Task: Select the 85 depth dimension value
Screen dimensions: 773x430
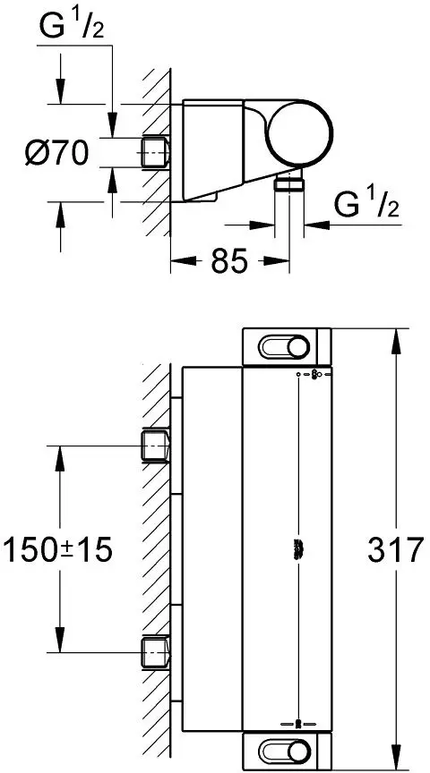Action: point(229,261)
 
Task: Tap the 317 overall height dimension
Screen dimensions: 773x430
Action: point(394,549)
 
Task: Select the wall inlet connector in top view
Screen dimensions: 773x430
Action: point(156,153)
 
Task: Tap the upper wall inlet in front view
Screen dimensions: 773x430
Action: point(156,445)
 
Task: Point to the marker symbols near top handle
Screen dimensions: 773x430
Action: point(310,375)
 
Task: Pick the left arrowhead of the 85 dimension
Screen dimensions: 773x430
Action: point(176,261)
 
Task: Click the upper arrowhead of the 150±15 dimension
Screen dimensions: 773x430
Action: point(61,452)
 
